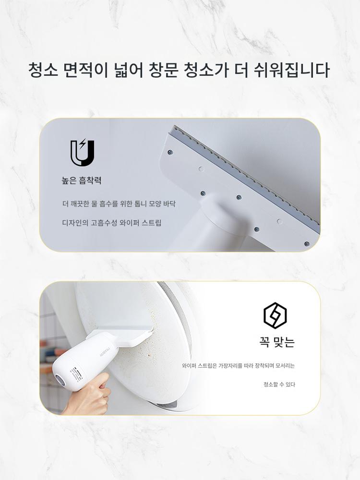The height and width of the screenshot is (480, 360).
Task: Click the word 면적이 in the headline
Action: (86, 70)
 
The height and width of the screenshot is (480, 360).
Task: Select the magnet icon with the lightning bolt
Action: (83, 153)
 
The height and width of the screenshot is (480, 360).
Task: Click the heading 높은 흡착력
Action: (82, 180)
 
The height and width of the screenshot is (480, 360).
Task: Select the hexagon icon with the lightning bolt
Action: (275, 315)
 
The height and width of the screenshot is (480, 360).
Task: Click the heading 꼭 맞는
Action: (276, 342)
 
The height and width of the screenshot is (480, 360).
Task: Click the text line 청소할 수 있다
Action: (279, 384)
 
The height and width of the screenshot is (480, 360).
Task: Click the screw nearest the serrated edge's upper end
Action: (170, 152)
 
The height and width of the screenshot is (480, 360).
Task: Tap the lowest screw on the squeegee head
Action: (307, 244)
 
